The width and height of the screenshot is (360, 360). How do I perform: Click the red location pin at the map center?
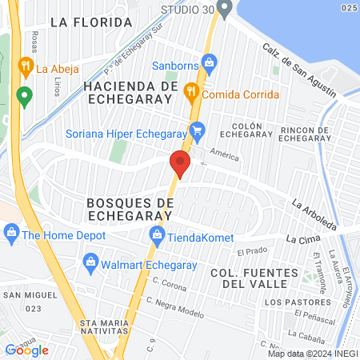tap(180, 165)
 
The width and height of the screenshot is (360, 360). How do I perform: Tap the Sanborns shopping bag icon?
tap(210, 62)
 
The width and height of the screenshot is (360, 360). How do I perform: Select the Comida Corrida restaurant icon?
tap(190, 90)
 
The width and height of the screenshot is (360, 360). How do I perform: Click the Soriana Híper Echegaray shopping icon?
tap(198, 129)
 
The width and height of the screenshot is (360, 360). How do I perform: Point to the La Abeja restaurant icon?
tap(26, 68)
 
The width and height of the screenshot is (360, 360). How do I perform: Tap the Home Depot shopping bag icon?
tap(11, 234)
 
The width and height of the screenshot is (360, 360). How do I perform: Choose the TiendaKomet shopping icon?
tap(157, 234)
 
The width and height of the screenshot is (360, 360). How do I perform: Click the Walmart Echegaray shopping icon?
tap(91, 262)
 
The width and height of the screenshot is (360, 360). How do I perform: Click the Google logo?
tap(26, 350)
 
